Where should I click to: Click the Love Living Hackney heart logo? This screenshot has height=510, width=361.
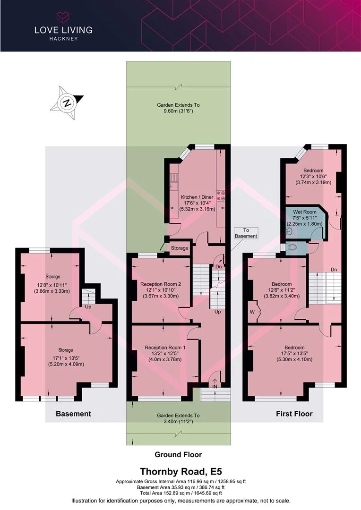click(x=63, y=17)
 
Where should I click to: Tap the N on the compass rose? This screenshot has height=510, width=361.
click(x=67, y=103)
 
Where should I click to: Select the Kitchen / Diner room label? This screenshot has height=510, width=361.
click(x=197, y=197)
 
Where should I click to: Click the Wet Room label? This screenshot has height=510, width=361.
click(x=305, y=212)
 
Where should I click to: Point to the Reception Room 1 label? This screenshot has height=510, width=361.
click(x=165, y=348)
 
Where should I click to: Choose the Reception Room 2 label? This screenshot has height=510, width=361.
click(x=161, y=284)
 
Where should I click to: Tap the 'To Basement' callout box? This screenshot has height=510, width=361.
click(x=246, y=233)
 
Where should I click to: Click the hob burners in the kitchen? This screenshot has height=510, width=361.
click(x=221, y=195)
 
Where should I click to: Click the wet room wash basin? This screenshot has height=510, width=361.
click(x=289, y=231)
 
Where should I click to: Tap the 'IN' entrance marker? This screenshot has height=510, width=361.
click(x=215, y=386)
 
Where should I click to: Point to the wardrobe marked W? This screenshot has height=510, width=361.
click(x=252, y=312)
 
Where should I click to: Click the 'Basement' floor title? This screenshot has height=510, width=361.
click(x=73, y=414)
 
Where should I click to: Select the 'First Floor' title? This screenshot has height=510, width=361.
click(x=294, y=414)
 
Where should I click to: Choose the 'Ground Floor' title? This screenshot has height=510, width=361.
click(x=178, y=455)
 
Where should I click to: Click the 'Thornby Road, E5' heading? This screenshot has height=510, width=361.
click(x=181, y=471)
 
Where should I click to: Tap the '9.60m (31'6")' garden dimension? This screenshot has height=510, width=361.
click(x=178, y=111)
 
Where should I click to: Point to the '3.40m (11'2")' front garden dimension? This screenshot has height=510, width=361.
click(x=178, y=421)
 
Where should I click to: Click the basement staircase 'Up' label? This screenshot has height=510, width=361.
click(x=88, y=307)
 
